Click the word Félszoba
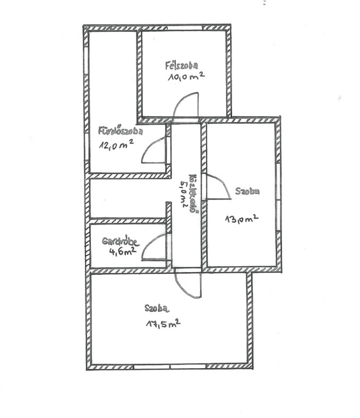tap(182, 66)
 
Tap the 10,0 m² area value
tap(186, 76)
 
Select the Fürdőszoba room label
tap(121, 130)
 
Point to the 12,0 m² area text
tap(116, 145)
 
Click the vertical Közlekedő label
tap(193, 194)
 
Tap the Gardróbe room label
tap(121, 241)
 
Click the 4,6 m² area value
tap(123, 251)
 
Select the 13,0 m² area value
tap(242, 219)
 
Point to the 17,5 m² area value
tap(163, 324)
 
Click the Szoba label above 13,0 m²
tap(247, 191)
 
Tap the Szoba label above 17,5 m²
tap(157, 308)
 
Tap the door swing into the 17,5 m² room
tap(188, 284)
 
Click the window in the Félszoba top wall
tap(184, 28)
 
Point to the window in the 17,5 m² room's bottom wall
tap(170, 367)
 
